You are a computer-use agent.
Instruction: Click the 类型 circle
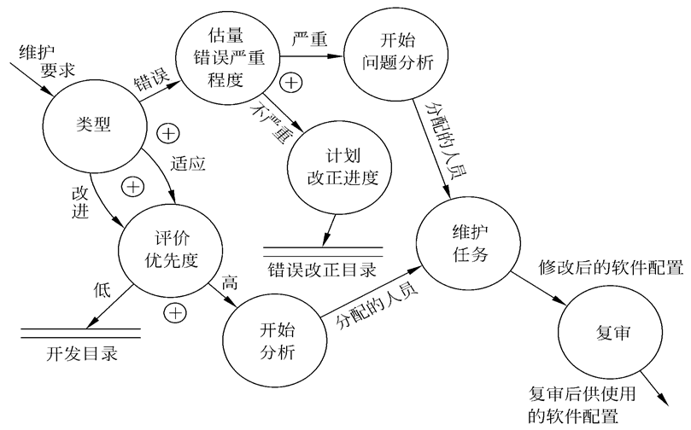(x=89, y=123)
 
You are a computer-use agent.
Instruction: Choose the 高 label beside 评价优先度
(x=228, y=282)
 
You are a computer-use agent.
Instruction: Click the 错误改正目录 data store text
(x=322, y=272)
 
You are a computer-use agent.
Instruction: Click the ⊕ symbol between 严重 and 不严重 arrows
(x=291, y=83)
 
